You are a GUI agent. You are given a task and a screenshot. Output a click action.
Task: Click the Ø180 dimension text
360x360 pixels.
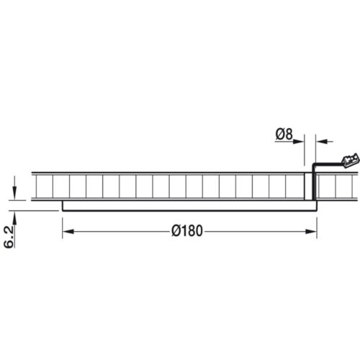(x=189, y=231)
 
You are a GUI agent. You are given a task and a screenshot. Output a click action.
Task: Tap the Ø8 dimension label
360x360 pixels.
(x=284, y=133)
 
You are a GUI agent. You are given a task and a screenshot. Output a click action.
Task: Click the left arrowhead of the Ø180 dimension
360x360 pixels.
(x=68, y=231)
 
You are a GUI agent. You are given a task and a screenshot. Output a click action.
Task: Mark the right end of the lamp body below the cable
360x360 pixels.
(x=315, y=205)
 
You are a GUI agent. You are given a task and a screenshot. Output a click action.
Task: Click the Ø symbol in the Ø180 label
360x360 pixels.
(x=177, y=231)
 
